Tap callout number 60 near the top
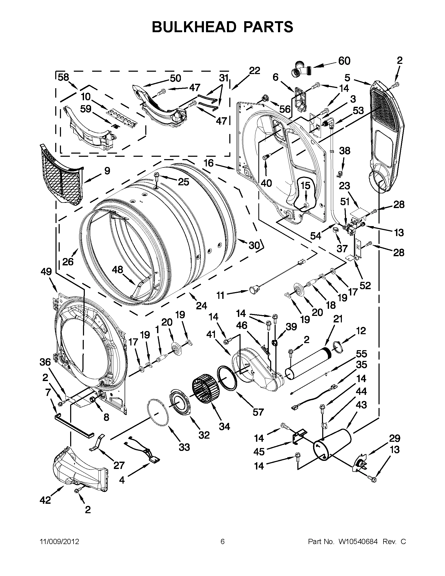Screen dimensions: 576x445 pos(344,61)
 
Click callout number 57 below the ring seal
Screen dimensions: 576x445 pos(258,412)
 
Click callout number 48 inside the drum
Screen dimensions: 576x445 pos(117,270)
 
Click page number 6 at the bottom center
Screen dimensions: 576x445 pos(222,541)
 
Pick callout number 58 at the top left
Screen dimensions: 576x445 pos(63,77)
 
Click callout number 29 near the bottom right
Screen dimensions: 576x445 pos(394,438)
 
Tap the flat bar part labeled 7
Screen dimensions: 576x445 pos(74,425)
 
